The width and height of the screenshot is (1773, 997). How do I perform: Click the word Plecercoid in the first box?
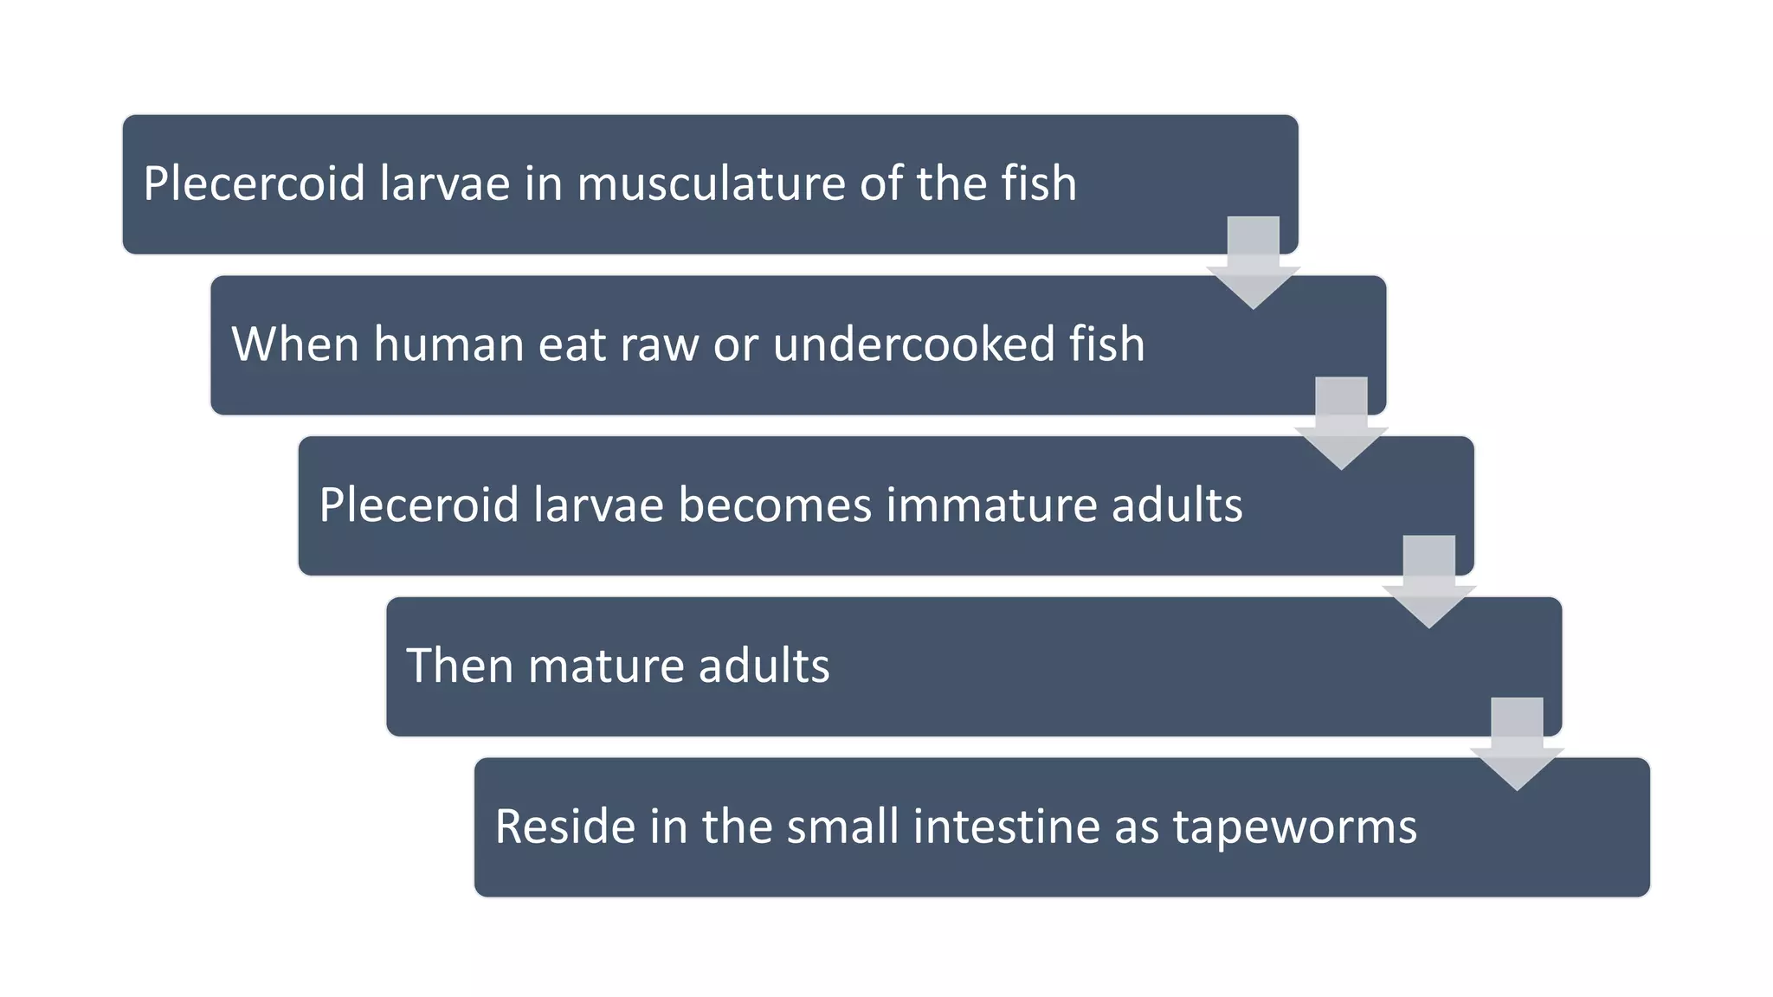pyautogui.click(x=254, y=183)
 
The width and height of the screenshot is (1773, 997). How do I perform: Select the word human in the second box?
pyautogui.click(x=448, y=344)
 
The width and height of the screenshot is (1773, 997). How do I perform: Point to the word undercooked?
pyautogui.click(x=913, y=344)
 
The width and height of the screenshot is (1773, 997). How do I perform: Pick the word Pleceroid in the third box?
pyautogui.click(x=418, y=505)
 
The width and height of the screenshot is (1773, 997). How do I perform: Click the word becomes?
pyautogui.click(x=775, y=505)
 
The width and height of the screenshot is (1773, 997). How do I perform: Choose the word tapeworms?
pyautogui.click(x=1295, y=827)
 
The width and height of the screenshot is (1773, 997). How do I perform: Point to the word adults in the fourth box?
pyautogui.click(x=764, y=666)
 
